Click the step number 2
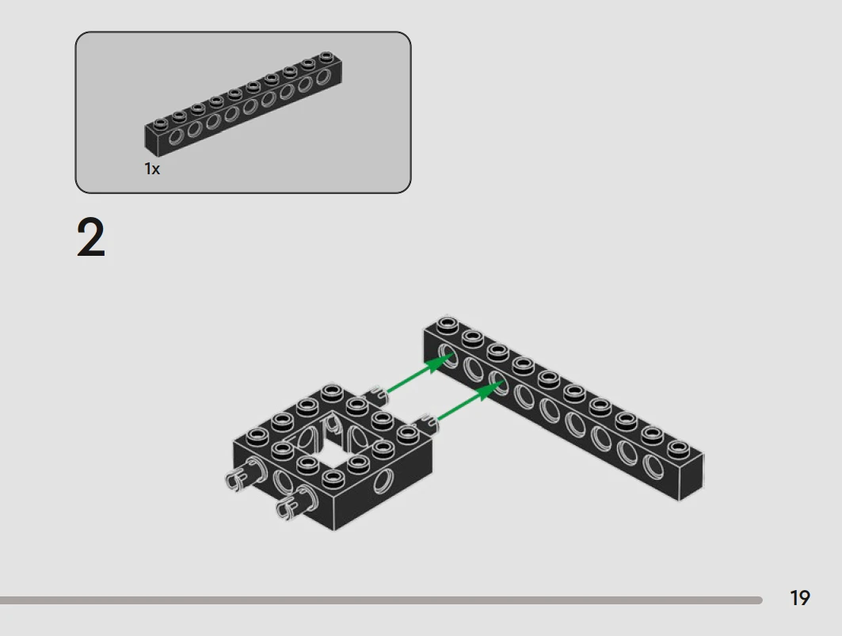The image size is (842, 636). (x=91, y=238)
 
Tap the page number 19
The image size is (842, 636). (x=799, y=598)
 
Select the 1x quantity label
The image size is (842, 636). (x=152, y=169)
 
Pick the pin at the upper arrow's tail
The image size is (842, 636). (x=375, y=396)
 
